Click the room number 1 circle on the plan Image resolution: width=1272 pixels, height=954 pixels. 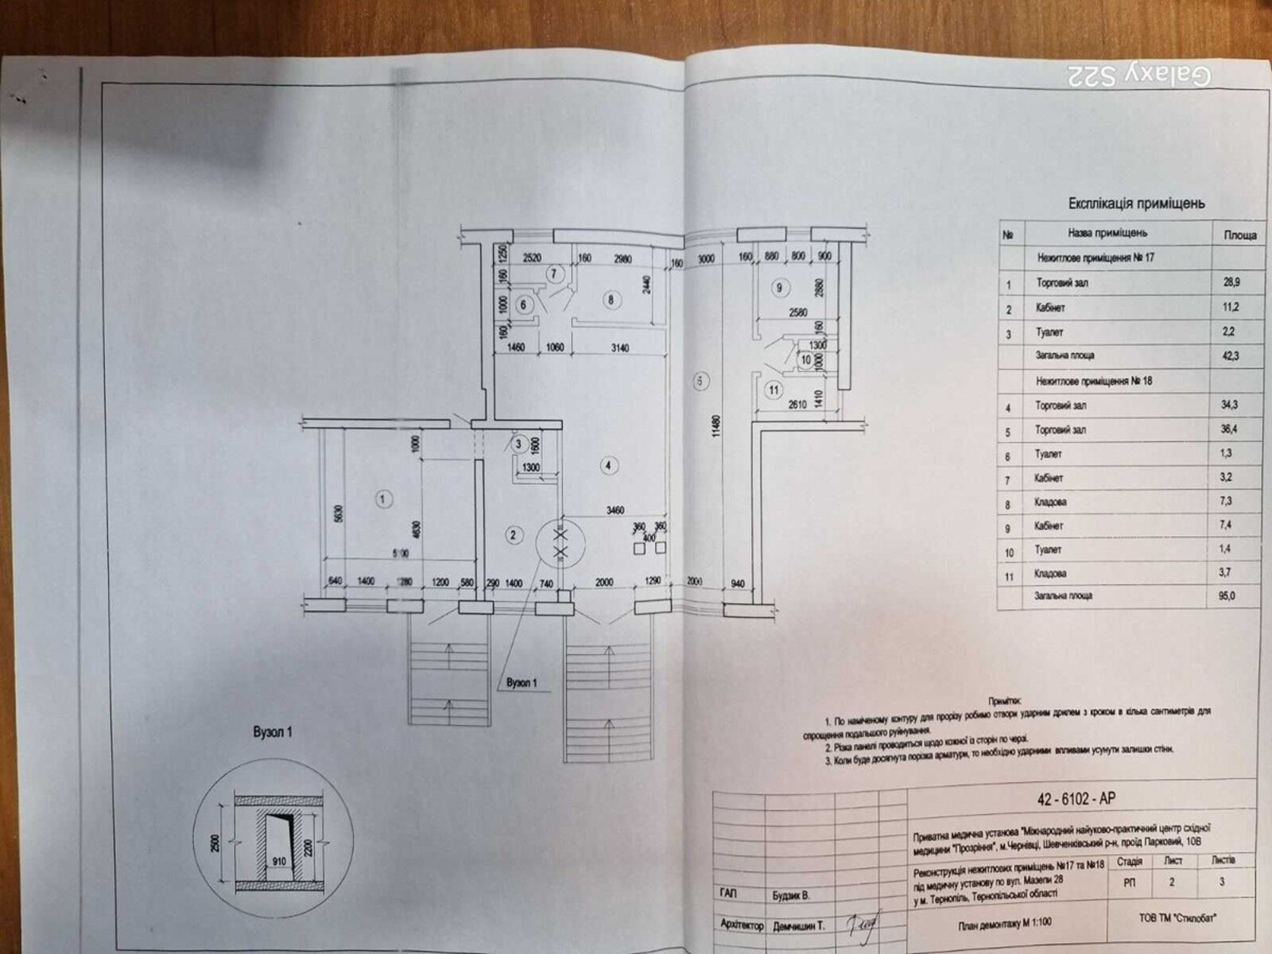383,499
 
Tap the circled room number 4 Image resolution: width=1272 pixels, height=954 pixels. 608,466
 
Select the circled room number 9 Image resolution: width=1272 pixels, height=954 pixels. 780,288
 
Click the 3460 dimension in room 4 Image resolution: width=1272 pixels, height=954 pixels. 615,510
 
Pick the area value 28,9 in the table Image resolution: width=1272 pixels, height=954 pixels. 1232,282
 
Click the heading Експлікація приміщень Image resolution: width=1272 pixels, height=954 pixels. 1136,204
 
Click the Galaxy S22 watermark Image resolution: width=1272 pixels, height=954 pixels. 1138,76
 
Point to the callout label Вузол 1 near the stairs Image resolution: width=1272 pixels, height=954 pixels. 522,683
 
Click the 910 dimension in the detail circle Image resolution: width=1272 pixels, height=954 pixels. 279,861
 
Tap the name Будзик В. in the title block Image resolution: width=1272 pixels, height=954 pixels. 791,896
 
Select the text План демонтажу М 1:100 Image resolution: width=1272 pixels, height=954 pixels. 1003,922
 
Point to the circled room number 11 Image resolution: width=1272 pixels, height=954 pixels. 774,390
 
